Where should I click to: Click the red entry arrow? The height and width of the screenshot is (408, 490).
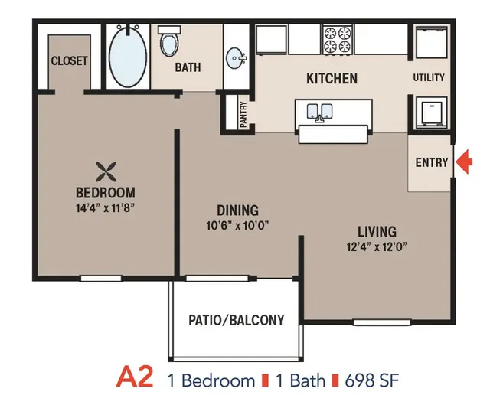[465, 162]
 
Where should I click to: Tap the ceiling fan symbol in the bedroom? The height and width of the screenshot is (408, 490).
[106, 171]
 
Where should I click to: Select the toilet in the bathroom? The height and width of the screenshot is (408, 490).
[169, 41]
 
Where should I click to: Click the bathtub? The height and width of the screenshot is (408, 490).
[128, 57]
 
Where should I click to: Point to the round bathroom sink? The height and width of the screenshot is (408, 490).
[236, 58]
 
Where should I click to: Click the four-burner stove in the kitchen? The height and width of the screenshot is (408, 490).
[337, 39]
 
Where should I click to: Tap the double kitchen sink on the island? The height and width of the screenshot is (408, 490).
[319, 113]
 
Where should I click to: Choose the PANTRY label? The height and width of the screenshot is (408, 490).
[243, 114]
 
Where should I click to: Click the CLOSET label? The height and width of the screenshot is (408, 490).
[69, 61]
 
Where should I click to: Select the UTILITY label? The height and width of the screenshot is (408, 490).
[429, 77]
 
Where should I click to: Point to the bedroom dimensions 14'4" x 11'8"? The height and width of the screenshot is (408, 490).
[106, 207]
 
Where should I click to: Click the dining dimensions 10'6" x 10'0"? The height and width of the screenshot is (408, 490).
[237, 225]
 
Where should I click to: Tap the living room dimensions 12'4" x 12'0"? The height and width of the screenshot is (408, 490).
[377, 246]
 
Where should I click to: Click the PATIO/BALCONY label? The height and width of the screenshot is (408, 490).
[237, 320]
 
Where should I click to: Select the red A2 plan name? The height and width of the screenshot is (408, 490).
[135, 377]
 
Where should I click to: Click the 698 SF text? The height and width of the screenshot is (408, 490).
[372, 380]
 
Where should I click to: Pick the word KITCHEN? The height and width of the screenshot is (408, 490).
[332, 78]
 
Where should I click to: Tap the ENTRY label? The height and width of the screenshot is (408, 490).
[432, 162]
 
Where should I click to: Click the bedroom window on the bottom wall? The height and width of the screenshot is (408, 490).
[101, 279]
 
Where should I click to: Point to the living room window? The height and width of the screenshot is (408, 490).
[381, 322]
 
